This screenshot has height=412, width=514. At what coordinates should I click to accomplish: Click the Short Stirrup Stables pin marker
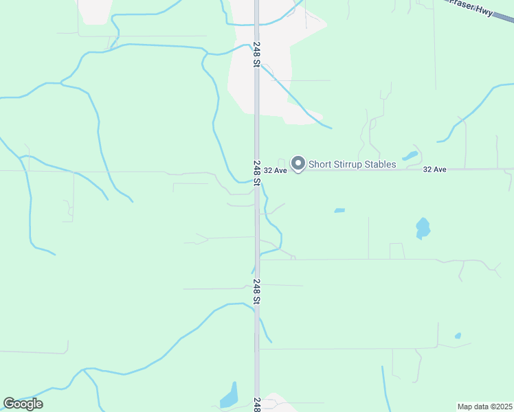[298, 163]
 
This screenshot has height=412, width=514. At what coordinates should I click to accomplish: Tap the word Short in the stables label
[321, 164]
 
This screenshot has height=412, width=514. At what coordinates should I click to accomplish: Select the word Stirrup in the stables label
[351, 164]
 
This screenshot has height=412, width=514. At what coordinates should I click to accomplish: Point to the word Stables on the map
[381, 164]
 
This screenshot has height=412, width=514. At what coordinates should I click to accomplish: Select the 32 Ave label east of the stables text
[435, 169]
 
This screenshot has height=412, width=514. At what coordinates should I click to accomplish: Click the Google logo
[23, 404]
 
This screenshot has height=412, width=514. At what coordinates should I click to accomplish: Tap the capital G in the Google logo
[9, 404]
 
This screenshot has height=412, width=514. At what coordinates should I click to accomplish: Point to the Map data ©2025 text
[484, 406]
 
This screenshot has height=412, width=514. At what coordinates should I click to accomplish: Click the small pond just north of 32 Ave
[410, 155]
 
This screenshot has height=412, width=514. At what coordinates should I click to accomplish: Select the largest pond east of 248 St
[423, 228]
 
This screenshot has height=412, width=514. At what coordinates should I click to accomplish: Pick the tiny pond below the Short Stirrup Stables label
[339, 210]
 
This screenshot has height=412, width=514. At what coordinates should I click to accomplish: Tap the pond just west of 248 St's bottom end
[229, 396]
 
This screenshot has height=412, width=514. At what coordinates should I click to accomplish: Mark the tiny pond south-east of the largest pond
[458, 336]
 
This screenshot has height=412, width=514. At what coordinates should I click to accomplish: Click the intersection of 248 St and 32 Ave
[256, 170]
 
